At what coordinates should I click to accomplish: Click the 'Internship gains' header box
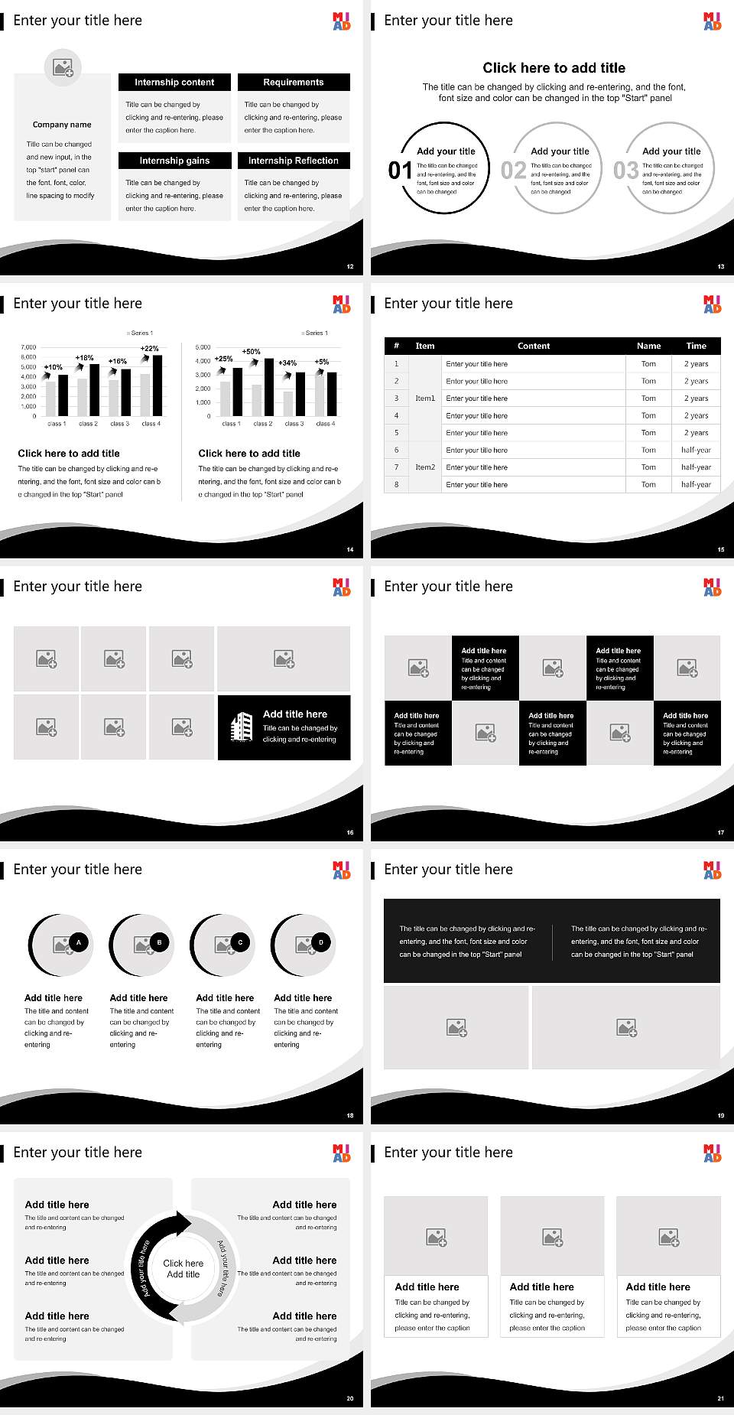pos(174,161)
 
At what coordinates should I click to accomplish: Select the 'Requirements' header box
pos(294,83)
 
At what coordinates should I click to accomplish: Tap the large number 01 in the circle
pos(400,171)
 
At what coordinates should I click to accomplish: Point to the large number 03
pos(626,171)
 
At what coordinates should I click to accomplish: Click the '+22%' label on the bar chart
pos(150,349)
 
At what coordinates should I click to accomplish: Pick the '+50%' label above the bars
pos(252,352)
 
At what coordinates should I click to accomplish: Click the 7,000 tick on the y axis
pos(28,347)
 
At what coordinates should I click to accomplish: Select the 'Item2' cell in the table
pos(425,467)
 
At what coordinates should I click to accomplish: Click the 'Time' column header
pos(696,346)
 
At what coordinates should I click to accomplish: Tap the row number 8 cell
pos(396,485)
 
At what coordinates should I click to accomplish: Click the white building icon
pos(242,727)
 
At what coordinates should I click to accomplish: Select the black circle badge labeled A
pos(78,942)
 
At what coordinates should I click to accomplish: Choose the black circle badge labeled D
pos(320,942)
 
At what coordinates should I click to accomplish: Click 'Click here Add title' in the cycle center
pos(183,1269)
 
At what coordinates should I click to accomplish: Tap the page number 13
pos(720,267)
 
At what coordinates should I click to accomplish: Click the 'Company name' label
pos(62,125)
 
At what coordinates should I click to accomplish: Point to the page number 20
pos(350,1398)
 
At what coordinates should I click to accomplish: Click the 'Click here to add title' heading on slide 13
pos(554,68)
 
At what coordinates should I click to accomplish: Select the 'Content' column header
pos(534,346)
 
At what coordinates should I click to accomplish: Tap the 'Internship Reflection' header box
pos(294,161)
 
